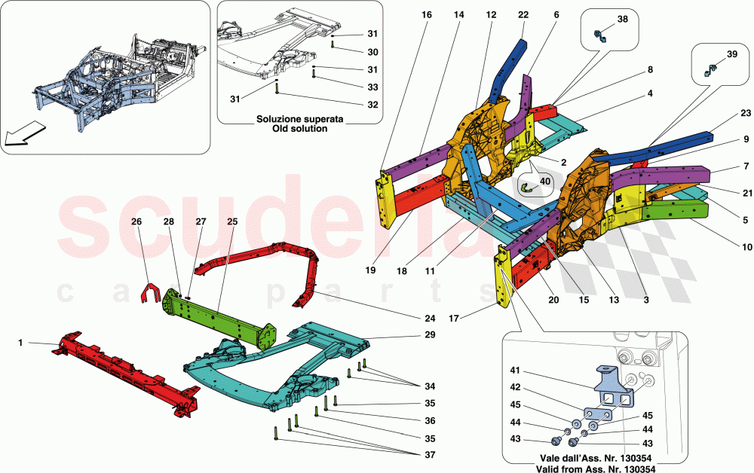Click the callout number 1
(x=20, y=343)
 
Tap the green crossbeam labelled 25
(x=219, y=317)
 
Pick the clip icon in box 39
(x=710, y=70)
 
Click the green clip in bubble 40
(x=529, y=186)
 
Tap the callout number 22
(x=523, y=15)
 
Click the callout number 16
(x=427, y=15)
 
